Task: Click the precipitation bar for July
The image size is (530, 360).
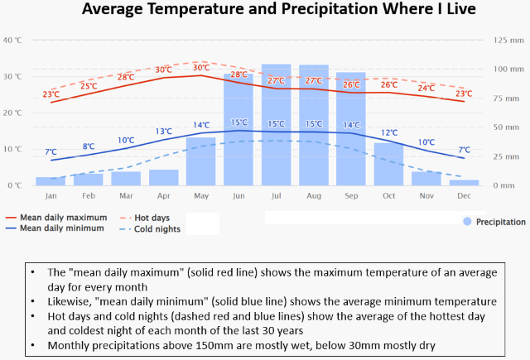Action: (x=277, y=124)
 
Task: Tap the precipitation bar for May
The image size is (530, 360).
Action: (x=201, y=161)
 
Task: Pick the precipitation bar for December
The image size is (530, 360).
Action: (x=464, y=182)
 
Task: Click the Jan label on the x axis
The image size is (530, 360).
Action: (x=51, y=195)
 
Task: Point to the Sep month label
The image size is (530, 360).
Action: (x=351, y=195)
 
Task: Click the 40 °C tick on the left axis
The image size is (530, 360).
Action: (x=13, y=40)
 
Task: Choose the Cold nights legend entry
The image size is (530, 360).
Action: (x=155, y=228)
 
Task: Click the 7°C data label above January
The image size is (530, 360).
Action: (x=51, y=152)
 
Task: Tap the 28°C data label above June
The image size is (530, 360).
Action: (x=239, y=74)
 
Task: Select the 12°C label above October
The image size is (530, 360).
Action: (x=389, y=132)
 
